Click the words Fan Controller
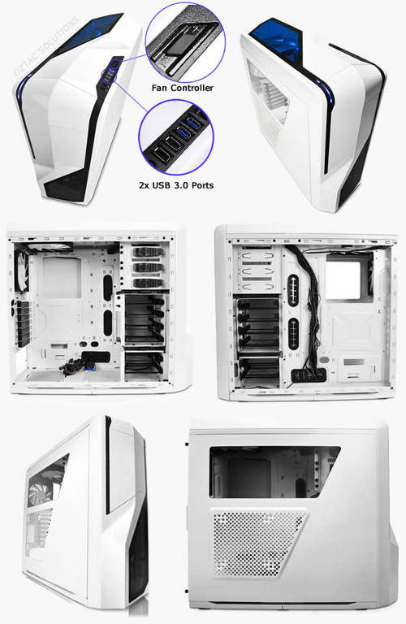[x=183, y=88]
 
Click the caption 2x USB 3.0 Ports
[x=176, y=185]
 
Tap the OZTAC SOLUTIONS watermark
[x=45, y=45]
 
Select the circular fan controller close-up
[x=185, y=42]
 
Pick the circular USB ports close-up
[x=176, y=137]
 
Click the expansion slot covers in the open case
[x=23, y=323]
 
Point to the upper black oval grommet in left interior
[x=108, y=287]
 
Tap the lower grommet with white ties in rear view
[x=294, y=334]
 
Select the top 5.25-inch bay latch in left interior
[x=147, y=252]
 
